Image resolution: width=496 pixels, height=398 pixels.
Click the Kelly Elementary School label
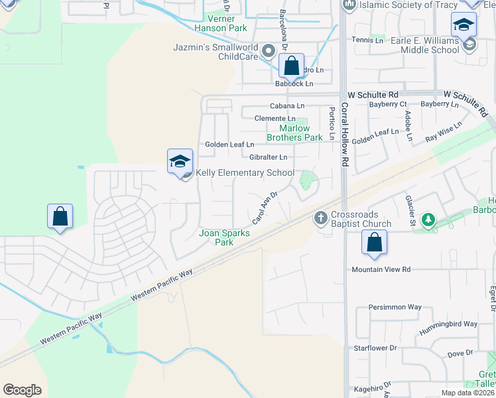coord(244,173)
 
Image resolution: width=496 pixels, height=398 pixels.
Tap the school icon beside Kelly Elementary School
coord(180,161)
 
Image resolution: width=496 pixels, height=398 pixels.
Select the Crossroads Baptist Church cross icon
coord(320,217)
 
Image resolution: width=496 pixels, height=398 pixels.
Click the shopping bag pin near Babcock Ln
coord(291,66)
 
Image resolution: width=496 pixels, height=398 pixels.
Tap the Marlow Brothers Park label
coord(294,133)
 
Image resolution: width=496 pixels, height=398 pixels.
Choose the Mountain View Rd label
coord(381,269)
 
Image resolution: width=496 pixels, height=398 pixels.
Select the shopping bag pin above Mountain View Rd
coord(375,243)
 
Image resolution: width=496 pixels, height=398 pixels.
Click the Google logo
coord(23,390)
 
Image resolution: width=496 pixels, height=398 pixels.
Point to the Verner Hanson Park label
coord(221,23)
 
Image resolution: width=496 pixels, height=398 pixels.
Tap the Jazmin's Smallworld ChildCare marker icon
coord(269,50)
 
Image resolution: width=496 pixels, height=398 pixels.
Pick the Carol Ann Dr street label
coord(264,208)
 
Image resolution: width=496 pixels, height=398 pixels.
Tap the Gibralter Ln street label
coord(268,157)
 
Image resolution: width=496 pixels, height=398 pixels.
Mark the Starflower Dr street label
coord(375,348)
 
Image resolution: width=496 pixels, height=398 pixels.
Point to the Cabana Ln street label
coord(286,105)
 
